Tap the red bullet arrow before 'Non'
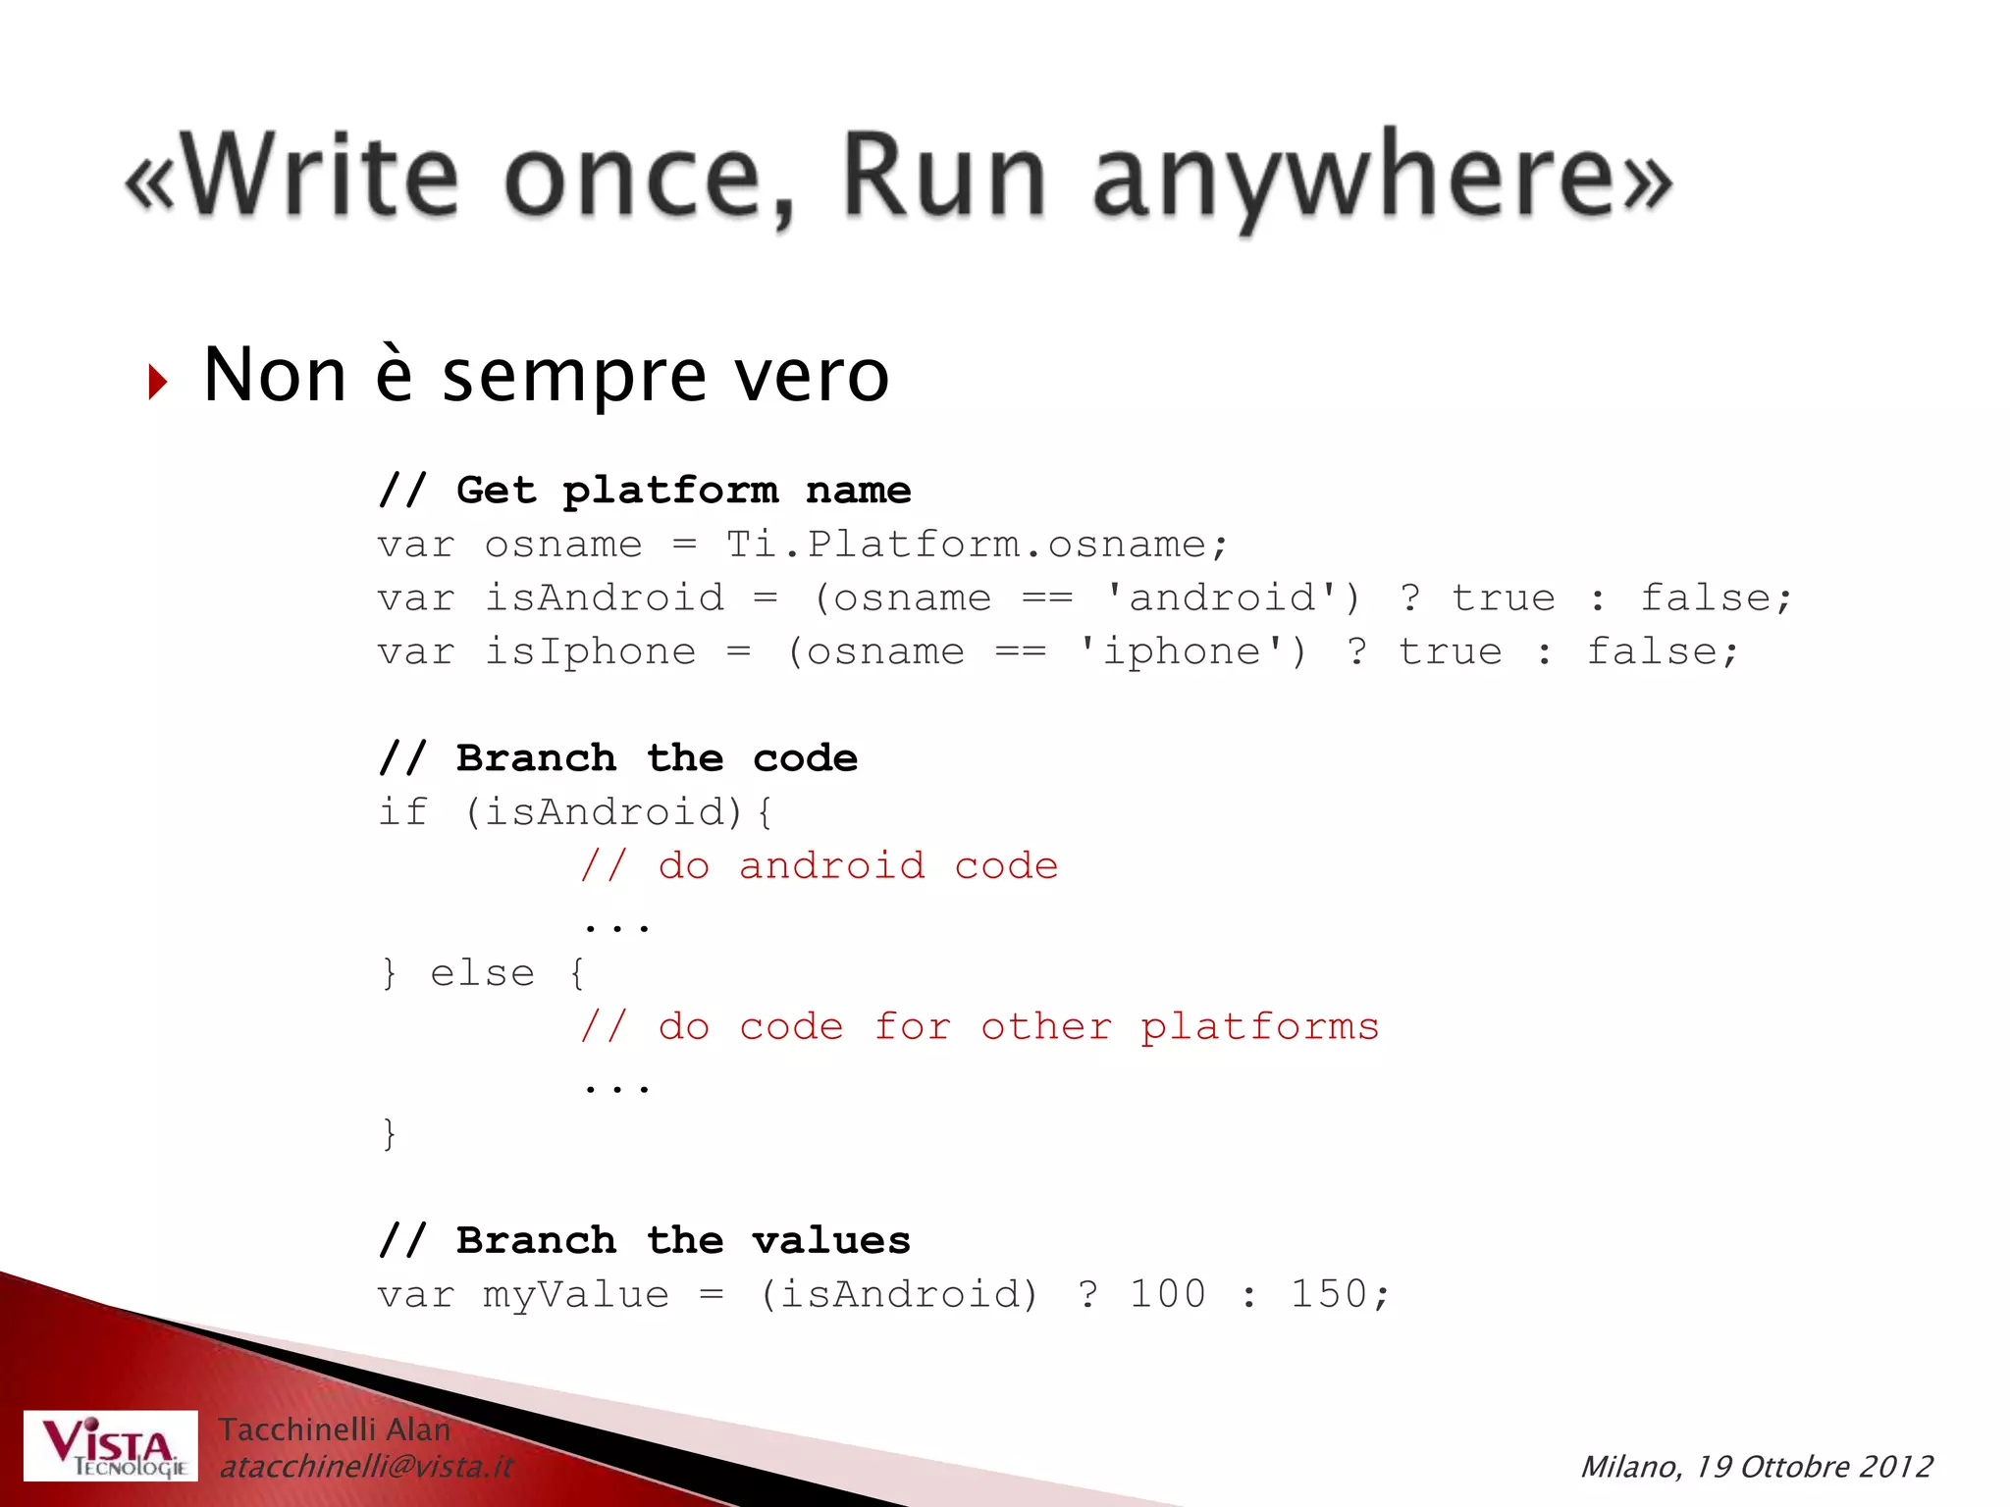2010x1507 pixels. [x=158, y=382]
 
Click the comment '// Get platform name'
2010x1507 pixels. [x=645, y=490]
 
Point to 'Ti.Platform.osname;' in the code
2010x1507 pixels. [x=977, y=544]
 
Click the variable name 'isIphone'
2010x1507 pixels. [x=590, y=651]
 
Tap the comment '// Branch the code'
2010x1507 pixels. [x=618, y=758]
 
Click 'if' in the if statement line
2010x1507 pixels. [x=402, y=812]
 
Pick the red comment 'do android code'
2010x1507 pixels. [x=820, y=866]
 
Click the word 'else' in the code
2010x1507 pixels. [x=483, y=973]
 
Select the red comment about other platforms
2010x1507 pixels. [x=979, y=1027]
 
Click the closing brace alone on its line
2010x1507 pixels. [x=390, y=1134]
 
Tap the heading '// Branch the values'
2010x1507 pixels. [x=645, y=1241]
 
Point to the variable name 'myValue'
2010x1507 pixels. [x=576, y=1295]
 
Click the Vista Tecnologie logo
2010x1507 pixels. [x=110, y=1446]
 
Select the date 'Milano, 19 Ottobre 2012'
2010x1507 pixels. [x=1756, y=1467]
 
